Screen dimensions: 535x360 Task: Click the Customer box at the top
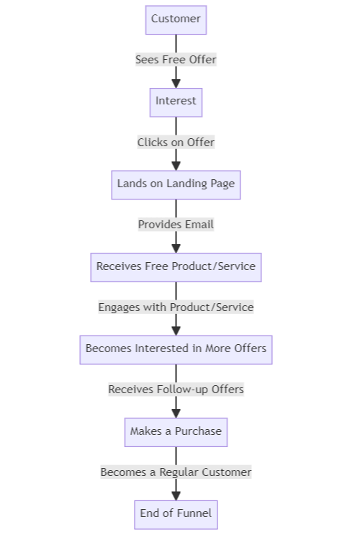pos(176,19)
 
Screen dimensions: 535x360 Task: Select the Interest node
pos(176,102)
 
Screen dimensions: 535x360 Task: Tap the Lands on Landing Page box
pos(176,184)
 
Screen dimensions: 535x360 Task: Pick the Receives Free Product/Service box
pos(176,266)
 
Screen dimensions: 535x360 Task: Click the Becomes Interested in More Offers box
pos(176,349)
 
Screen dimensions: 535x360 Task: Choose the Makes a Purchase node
pos(176,431)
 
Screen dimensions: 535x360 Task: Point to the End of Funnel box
pos(176,514)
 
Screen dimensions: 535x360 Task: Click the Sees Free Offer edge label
pos(176,60)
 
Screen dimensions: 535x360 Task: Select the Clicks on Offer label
pos(176,143)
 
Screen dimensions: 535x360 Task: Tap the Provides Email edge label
pos(176,225)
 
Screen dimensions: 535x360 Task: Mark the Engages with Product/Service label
pos(176,307)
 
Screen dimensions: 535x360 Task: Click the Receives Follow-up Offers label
pos(176,390)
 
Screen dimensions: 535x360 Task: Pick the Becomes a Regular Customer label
pos(176,472)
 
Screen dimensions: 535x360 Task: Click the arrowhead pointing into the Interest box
pos(176,83)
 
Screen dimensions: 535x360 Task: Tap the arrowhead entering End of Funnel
pos(176,495)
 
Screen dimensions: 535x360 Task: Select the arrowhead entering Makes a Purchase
pos(176,413)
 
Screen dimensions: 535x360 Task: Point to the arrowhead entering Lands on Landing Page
pos(176,166)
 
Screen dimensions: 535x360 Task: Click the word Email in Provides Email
pos(199,225)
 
